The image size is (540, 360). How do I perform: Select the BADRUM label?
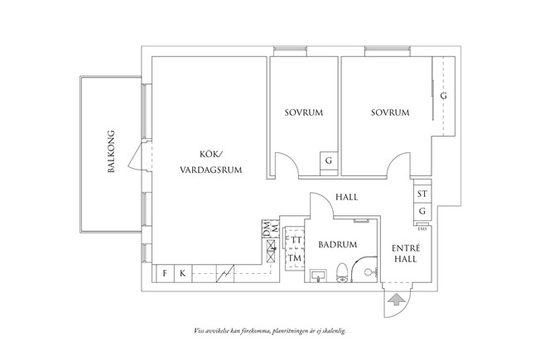point(337,245)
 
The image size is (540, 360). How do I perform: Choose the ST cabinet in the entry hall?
point(422,194)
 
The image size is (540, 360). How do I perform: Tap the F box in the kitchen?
point(165,273)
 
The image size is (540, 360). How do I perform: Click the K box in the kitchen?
point(183,273)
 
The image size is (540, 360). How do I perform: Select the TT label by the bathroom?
point(293,241)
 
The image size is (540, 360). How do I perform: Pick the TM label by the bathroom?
point(293,258)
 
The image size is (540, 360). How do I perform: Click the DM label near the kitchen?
point(268,226)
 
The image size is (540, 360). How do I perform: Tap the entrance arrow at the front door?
point(396,299)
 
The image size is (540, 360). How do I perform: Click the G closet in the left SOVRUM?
point(329,161)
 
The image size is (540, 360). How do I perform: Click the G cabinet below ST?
point(422,211)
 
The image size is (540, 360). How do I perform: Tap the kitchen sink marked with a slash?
point(224,273)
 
